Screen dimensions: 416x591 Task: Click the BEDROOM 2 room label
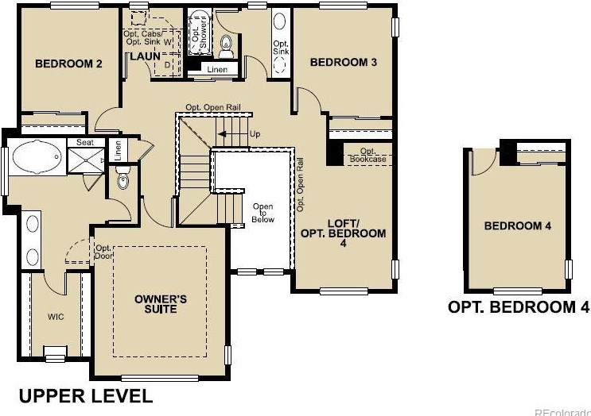(x=69, y=64)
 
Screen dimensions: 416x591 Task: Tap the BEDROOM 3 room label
(x=343, y=62)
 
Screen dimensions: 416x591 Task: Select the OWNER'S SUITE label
(x=161, y=303)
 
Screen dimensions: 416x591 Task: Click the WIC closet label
(x=56, y=317)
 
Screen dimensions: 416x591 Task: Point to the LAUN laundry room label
(x=146, y=56)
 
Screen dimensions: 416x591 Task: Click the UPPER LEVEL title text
(x=85, y=395)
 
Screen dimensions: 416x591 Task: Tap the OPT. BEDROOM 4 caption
(x=519, y=307)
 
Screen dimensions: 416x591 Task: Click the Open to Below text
(x=263, y=213)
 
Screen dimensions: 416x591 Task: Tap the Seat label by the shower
(x=84, y=143)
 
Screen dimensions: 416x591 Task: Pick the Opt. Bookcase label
(x=367, y=155)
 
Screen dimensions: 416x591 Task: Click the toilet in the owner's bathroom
(x=122, y=182)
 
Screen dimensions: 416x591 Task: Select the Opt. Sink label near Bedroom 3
(x=281, y=48)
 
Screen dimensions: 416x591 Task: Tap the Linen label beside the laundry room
(x=216, y=70)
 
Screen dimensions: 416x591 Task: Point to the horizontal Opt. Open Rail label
(x=214, y=108)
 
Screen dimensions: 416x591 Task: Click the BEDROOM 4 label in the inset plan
(x=518, y=226)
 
